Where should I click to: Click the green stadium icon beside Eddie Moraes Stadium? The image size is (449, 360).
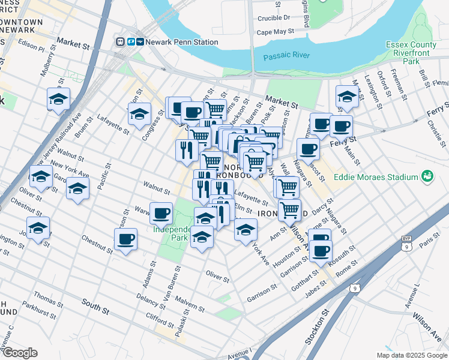point(427,176)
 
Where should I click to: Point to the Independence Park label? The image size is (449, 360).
point(172,233)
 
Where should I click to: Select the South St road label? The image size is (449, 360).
point(95,308)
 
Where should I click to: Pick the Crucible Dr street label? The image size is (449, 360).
point(273,18)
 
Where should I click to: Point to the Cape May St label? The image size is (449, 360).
point(276,31)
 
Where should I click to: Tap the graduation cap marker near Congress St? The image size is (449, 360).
point(139,113)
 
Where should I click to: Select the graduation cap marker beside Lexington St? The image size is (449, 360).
point(347,96)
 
